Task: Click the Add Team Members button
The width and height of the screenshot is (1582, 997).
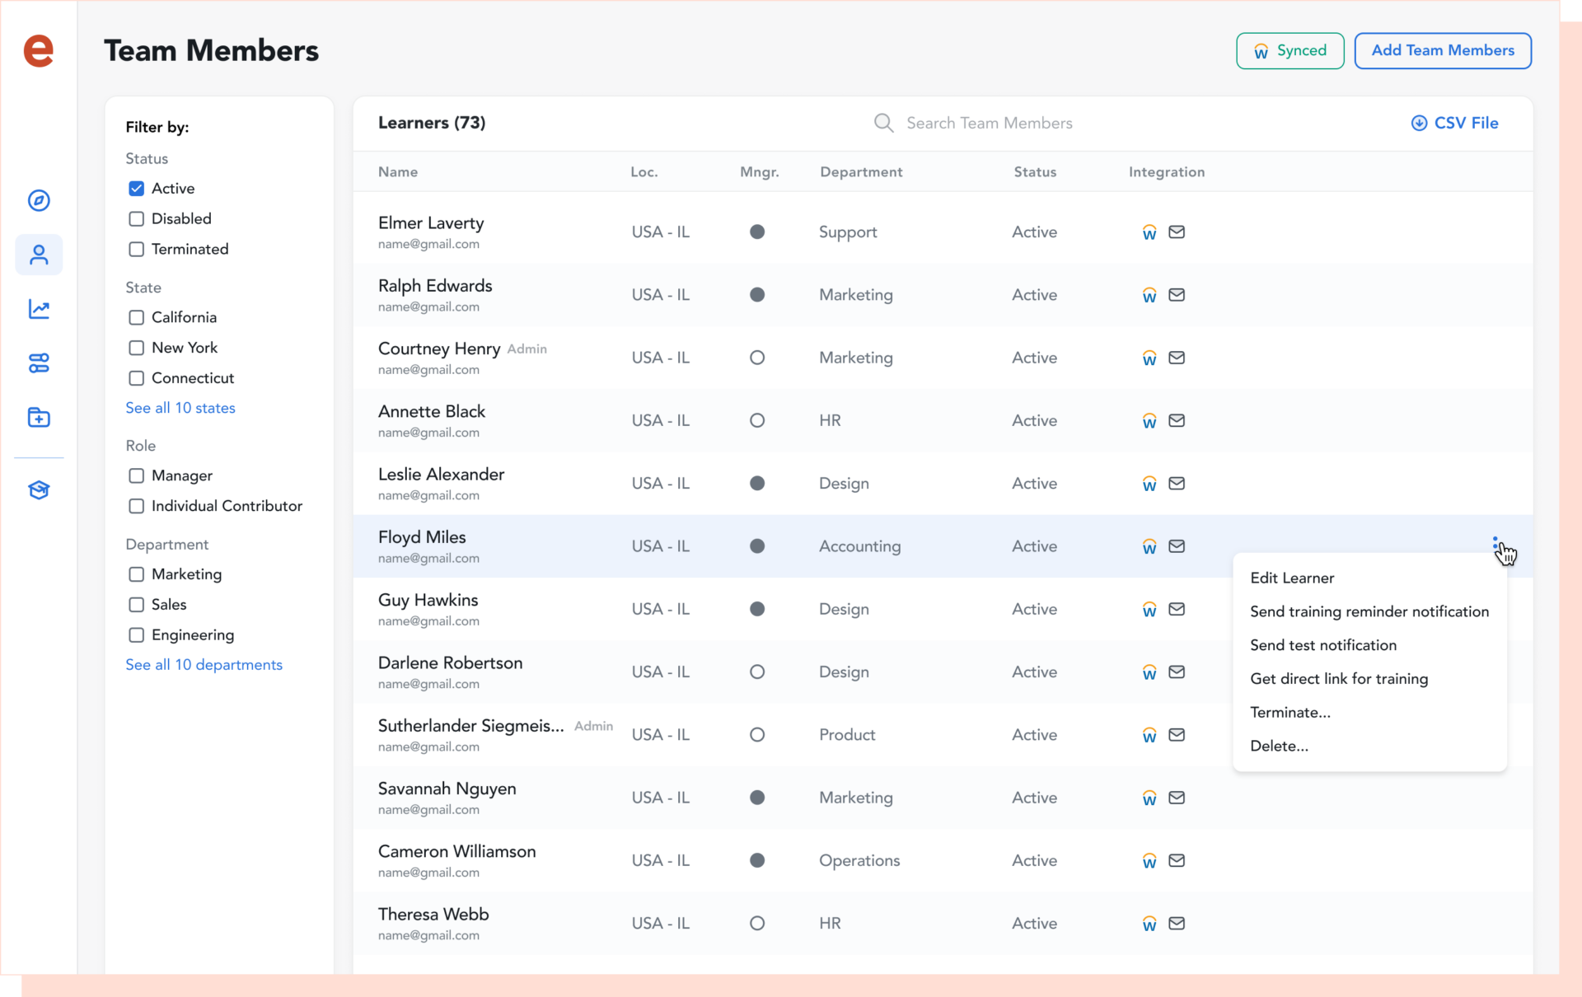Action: pyautogui.click(x=1442, y=51)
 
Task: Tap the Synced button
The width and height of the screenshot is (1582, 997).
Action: pyautogui.click(x=1289, y=51)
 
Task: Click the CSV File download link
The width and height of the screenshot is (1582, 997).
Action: pyautogui.click(x=1455, y=123)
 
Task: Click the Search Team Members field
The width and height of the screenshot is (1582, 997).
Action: pyautogui.click(x=989, y=123)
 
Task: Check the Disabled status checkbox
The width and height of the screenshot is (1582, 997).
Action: pyautogui.click(x=137, y=219)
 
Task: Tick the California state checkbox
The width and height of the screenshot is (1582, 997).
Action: pyautogui.click(x=137, y=318)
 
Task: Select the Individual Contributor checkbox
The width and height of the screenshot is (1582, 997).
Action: pyautogui.click(x=137, y=507)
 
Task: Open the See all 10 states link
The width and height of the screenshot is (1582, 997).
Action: pyautogui.click(x=180, y=408)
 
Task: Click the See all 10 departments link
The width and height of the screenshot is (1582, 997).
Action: pyautogui.click(x=204, y=665)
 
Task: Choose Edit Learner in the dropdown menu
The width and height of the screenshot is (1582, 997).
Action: pyautogui.click(x=1292, y=578)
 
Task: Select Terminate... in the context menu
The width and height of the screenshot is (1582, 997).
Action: pyautogui.click(x=1289, y=713)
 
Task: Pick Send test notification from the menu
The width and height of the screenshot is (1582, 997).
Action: pyautogui.click(x=1322, y=645)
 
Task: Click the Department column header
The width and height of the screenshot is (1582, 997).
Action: pyautogui.click(x=861, y=172)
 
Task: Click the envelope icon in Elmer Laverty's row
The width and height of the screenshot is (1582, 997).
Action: pyautogui.click(x=1177, y=232)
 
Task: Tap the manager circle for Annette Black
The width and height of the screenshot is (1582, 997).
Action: pyautogui.click(x=757, y=421)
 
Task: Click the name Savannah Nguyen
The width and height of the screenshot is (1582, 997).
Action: pyautogui.click(x=447, y=789)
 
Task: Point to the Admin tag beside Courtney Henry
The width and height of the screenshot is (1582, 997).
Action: pyautogui.click(x=527, y=349)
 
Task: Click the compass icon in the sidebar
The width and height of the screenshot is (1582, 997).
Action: pyautogui.click(x=39, y=200)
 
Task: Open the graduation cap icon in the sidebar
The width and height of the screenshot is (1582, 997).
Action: pyautogui.click(x=39, y=490)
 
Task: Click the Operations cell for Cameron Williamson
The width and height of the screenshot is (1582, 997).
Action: pyautogui.click(x=859, y=860)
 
